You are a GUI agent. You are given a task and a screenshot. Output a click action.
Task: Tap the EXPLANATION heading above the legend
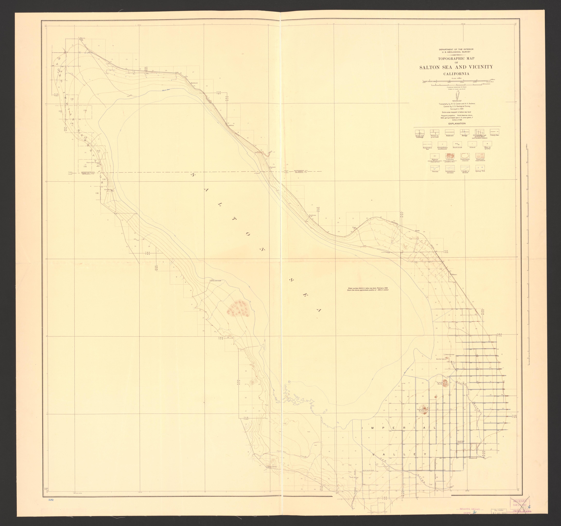tap(457, 123)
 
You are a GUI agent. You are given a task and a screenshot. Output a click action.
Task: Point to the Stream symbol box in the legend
tap(435, 168)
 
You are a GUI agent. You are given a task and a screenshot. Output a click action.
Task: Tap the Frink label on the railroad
tap(417, 231)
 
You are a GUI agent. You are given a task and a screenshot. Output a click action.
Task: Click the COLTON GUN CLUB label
tap(214, 281)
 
